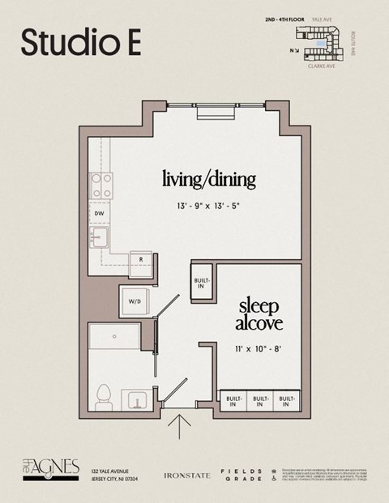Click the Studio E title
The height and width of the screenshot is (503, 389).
click(81, 42)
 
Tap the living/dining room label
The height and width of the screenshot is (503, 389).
click(208, 177)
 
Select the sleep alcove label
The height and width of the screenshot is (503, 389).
click(259, 315)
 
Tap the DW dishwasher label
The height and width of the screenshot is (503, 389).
click(99, 214)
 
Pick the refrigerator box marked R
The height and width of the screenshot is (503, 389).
click(141, 260)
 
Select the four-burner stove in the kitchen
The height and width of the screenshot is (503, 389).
click(102, 186)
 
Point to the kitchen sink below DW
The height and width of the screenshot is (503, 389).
click(100, 238)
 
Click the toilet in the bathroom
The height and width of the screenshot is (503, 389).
click(103, 398)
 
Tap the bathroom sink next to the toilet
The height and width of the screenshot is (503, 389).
click(136, 401)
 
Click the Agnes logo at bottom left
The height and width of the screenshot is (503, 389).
click(50, 468)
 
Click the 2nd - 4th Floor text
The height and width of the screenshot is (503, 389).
click(284, 19)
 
